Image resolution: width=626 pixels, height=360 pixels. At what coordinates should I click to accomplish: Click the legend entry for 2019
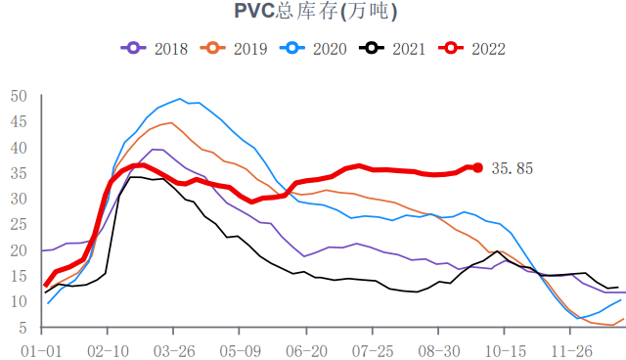click(236, 48)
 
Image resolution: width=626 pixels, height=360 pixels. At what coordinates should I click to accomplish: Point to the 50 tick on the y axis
click(19, 96)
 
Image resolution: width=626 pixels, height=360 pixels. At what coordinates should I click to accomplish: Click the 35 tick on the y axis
click(19, 173)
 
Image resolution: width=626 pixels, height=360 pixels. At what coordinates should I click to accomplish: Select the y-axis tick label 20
click(19, 250)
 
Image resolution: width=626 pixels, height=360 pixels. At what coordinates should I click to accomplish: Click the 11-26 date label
click(573, 349)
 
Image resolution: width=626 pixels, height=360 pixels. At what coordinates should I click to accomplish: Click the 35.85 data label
click(513, 168)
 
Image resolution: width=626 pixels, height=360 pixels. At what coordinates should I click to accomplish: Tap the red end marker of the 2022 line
click(477, 167)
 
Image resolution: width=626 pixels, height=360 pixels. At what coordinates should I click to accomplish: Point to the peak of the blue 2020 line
click(180, 99)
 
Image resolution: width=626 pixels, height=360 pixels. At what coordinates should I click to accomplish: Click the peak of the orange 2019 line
click(170, 122)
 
